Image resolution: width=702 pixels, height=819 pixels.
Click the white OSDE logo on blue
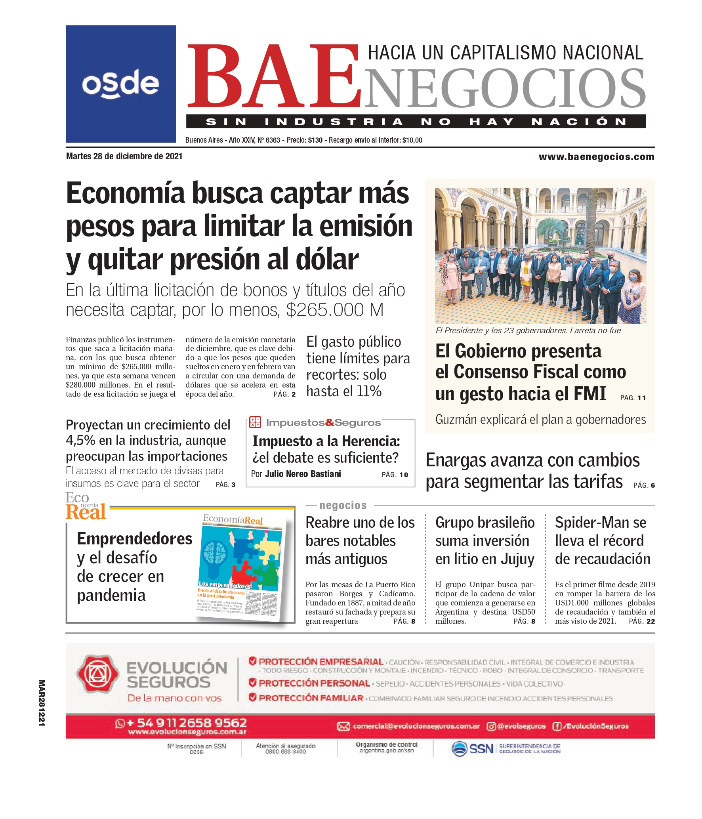tap(120, 84)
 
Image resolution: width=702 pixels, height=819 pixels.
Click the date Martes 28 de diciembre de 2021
tap(124, 156)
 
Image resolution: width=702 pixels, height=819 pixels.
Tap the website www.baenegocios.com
tap(596, 157)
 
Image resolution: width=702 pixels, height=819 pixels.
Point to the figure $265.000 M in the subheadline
tap(334, 310)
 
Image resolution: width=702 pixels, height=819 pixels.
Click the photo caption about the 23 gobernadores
tap(528, 330)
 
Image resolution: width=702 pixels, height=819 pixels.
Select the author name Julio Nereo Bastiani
tap(303, 474)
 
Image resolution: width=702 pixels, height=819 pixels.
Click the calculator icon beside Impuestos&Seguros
tap(255, 422)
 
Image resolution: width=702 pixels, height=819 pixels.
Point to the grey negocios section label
tap(343, 506)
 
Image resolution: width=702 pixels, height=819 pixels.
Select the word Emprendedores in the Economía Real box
tap(134, 539)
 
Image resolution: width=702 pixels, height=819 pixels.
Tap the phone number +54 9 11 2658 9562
tap(186, 723)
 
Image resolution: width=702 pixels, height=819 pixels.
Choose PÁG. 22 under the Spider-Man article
tap(642, 621)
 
